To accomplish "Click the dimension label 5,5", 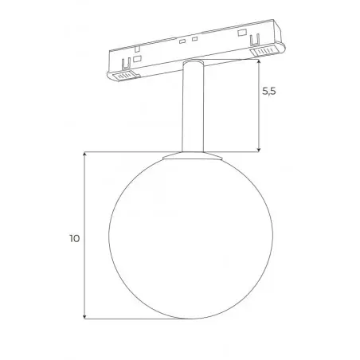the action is coord(269,91).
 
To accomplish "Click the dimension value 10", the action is coord(75,238).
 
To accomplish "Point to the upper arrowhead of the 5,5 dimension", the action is coord(259,61).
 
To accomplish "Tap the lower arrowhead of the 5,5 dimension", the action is coord(259,150).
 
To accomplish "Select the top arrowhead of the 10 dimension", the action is coord(84,155).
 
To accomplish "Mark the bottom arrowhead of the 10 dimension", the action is coord(84,316).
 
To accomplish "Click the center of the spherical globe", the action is coord(191,237).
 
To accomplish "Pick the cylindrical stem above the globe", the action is coord(193,106).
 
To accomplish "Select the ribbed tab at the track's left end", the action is coord(125,76).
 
